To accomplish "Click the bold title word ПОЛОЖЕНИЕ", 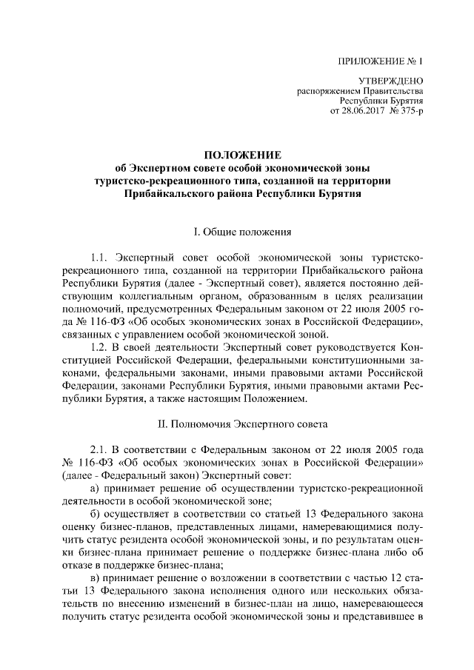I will click(x=244, y=155).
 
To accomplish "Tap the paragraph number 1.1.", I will click(x=99, y=258).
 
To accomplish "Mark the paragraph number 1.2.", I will click(x=99, y=347).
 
